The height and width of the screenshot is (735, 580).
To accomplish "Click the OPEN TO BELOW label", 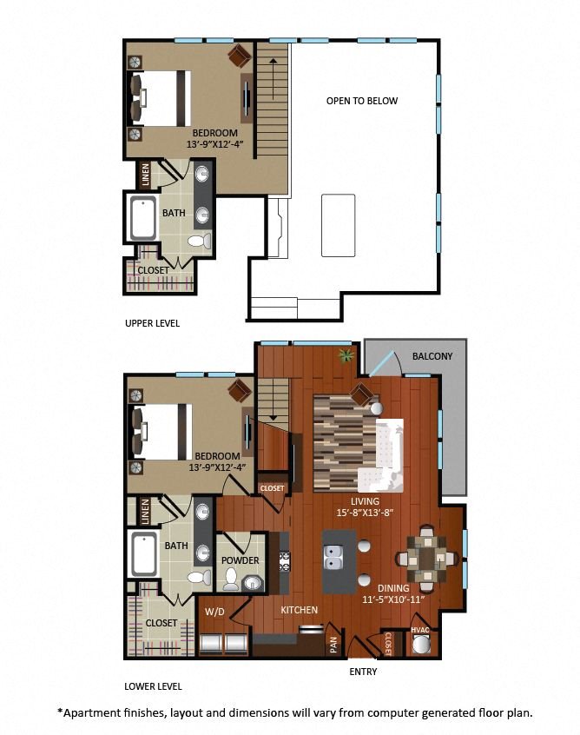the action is pos(362,101).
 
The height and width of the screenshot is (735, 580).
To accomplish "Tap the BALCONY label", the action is pos(432,356).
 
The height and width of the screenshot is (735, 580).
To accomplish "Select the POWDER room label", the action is pos(240,560).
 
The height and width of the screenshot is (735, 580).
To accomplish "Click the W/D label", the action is pos(215,612).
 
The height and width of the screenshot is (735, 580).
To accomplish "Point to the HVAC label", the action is pos(419,630).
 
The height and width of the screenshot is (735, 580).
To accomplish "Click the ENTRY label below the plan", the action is pos(363,672).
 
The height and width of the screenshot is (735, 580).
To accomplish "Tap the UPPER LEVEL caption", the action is pos(152,323).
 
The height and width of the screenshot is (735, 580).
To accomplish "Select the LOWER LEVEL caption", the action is pos(153,686).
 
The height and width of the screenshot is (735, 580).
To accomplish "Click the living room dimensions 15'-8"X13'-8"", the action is pos(365,513).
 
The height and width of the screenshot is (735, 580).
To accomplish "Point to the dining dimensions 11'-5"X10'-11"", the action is pos(393,599).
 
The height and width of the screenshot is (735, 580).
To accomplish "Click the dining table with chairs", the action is pos(427,559).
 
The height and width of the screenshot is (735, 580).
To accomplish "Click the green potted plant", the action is pos(346,356).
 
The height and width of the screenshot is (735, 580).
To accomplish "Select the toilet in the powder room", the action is pos(230,579).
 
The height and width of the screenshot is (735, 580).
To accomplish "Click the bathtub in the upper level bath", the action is pos(143,218).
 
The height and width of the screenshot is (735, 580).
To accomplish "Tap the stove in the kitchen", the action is pos(285,561).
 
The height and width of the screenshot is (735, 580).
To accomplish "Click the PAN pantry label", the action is pos(333,644).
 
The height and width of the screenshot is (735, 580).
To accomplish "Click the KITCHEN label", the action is pos(299,610).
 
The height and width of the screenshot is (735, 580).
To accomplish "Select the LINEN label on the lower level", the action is pos(145,512).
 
